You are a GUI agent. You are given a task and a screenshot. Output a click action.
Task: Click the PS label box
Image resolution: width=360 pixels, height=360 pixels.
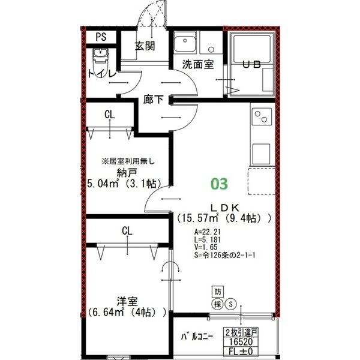click(100, 36)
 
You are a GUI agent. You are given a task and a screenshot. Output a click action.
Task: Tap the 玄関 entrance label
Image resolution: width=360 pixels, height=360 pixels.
click(144, 46)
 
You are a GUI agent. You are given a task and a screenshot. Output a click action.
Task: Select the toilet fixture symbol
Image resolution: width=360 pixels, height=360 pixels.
click(100, 59)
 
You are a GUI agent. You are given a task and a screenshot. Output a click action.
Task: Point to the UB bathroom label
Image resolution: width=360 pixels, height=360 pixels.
click(250, 65)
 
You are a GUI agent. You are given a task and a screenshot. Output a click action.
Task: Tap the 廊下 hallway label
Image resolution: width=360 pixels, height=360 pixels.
click(154, 100)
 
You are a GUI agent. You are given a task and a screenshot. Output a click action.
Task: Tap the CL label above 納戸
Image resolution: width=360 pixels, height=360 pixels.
click(110, 115)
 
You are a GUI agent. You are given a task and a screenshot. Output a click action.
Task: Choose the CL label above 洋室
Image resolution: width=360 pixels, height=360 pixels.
click(127, 230)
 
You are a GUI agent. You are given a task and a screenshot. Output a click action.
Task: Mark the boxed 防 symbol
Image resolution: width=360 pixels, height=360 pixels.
click(218, 292)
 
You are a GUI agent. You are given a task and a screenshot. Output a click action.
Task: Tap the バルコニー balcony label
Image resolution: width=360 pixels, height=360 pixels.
click(197, 337)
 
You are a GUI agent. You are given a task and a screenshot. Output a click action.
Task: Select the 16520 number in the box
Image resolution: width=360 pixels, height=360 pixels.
click(239, 341)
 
